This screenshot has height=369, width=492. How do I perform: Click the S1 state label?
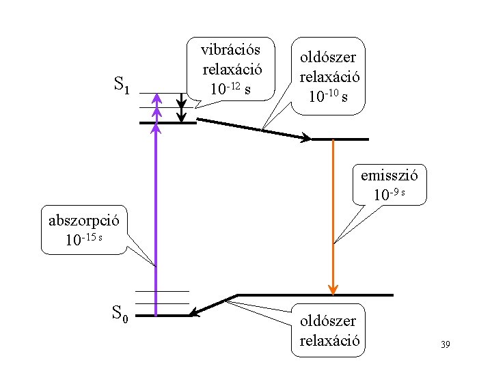coord(121,85)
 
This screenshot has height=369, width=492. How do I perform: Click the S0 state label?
coord(120,314)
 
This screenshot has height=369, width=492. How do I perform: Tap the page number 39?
coord(445,344)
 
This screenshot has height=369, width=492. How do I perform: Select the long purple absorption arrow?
coord(156,219)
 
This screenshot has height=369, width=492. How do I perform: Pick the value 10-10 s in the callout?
coord(327,96)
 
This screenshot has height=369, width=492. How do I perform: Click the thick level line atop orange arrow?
coord(340,139)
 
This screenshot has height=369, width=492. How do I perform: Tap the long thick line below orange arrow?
coord(314,295)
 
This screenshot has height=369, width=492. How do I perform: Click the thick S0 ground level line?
coord(164,316)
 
